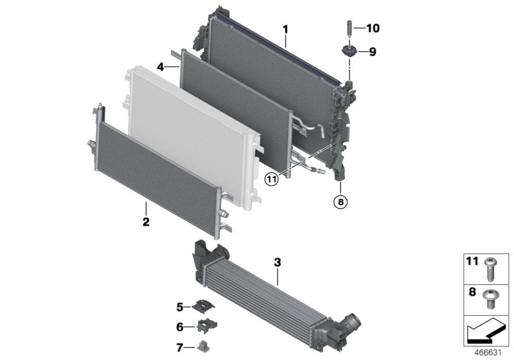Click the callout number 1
click(x=286, y=30)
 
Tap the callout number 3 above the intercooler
click(x=278, y=262)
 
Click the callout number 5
click(x=180, y=306)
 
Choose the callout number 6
click(x=180, y=327)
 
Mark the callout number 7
click(x=180, y=348)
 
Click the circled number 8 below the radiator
click(x=340, y=202)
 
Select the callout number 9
click(x=371, y=52)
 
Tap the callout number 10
click(x=373, y=28)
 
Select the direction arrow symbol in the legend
click(x=485, y=332)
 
